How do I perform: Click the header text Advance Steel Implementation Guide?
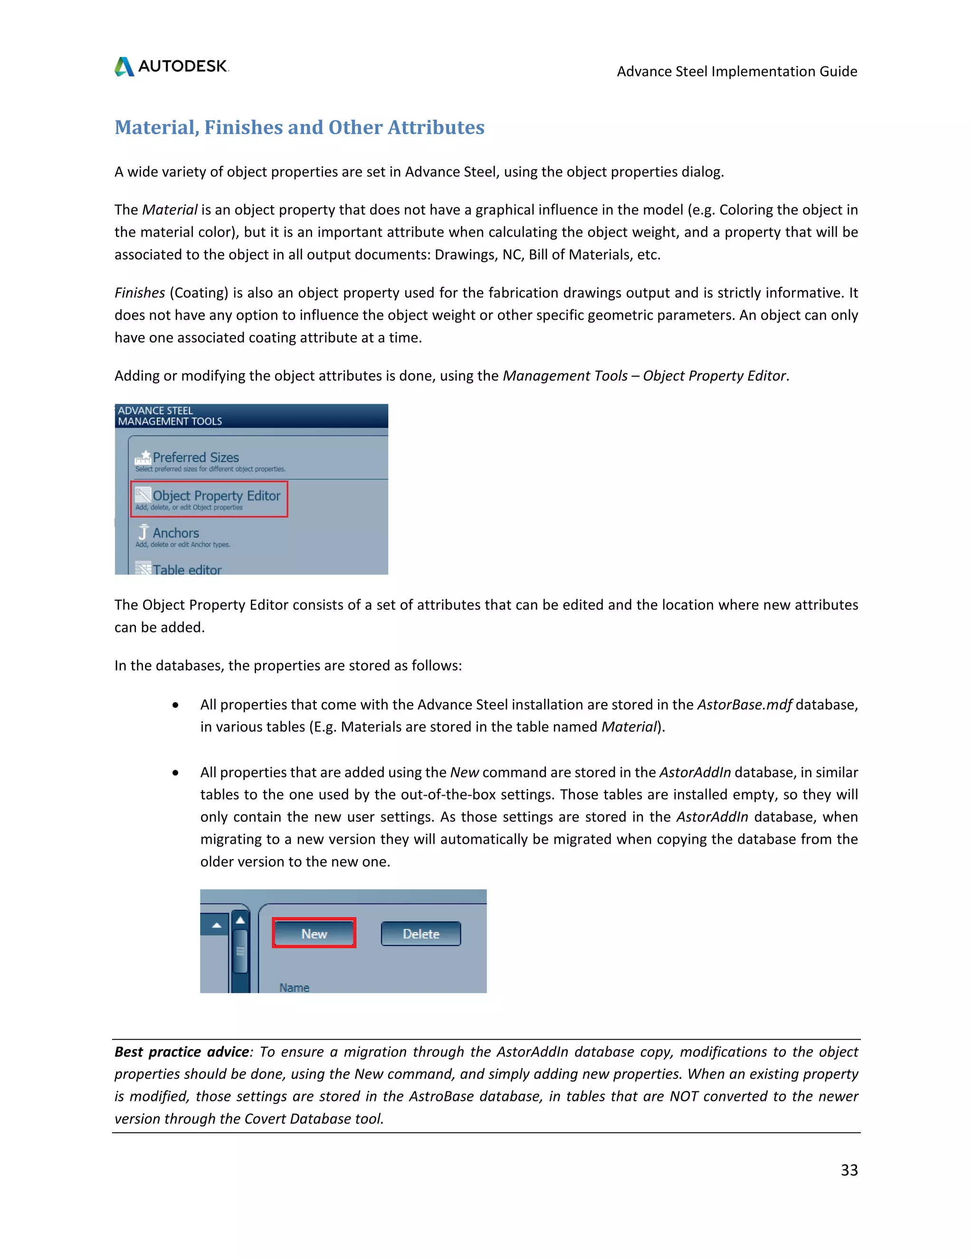(737, 71)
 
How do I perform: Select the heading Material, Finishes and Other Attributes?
(299, 127)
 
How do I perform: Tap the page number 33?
(849, 1170)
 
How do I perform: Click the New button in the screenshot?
(314, 933)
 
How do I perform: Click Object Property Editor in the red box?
(216, 496)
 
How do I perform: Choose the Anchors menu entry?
(175, 533)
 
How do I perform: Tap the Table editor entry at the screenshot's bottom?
(186, 570)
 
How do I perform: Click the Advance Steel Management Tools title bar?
(251, 416)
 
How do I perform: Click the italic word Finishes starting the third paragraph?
(140, 293)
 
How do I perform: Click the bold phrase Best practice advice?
(181, 1051)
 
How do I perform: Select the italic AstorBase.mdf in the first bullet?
(744, 705)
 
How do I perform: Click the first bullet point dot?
(175, 705)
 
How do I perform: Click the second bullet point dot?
(175, 773)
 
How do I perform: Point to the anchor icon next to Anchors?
(143, 532)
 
